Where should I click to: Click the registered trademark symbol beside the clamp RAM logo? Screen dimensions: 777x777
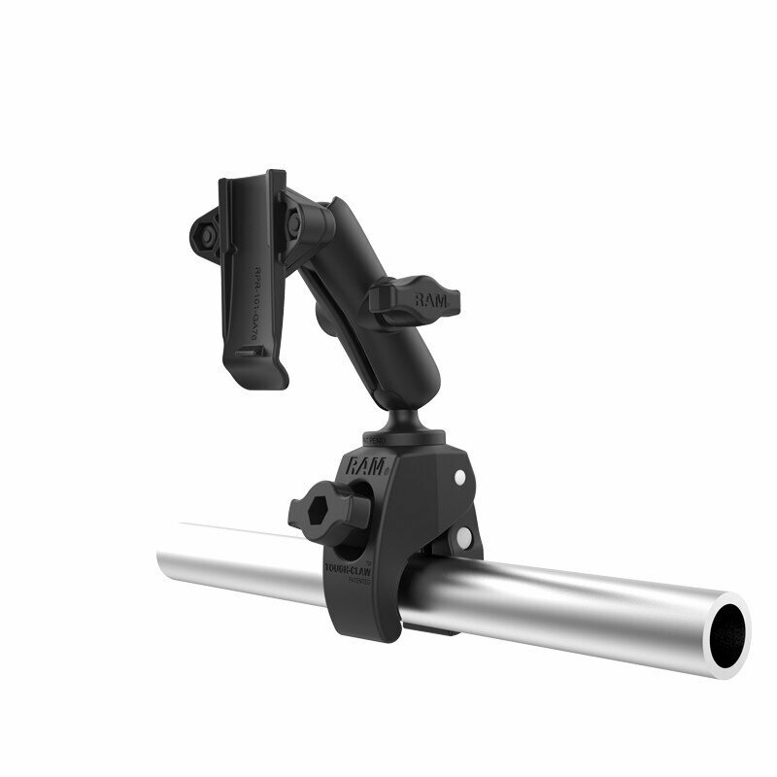[387, 471]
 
